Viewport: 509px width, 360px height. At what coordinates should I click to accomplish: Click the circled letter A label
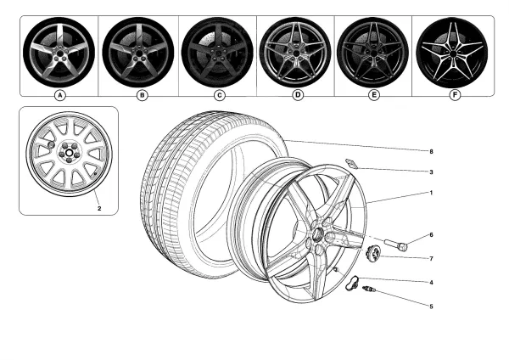tap(59, 95)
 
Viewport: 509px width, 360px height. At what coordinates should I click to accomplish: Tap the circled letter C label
tap(219, 95)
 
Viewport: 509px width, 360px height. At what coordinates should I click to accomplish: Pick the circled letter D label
tap(298, 95)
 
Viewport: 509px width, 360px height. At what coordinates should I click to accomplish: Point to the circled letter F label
tap(456, 95)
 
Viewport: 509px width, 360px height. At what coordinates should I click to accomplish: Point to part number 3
tap(431, 172)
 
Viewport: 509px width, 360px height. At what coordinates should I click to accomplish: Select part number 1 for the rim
tap(431, 194)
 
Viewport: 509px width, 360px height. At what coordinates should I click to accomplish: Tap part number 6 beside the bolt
tap(431, 235)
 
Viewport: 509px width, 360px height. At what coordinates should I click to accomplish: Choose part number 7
tap(431, 258)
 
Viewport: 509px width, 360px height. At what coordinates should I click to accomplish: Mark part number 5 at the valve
tap(431, 306)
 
